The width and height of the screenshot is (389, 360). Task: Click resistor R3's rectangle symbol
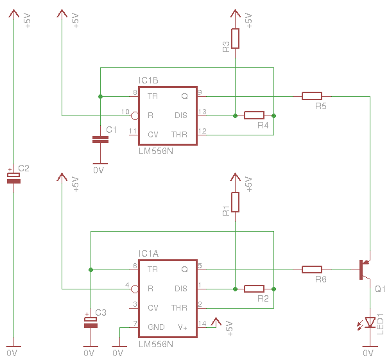tap(235, 39)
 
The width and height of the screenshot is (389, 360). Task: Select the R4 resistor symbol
tap(254, 116)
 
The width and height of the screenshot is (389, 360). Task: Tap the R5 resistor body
tap(312, 96)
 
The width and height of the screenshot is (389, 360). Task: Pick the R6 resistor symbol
tap(312, 270)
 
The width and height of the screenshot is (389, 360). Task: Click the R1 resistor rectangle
tap(235, 202)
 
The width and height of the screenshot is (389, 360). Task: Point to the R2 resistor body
tap(254, 289)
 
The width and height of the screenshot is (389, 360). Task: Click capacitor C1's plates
tap(100, 140)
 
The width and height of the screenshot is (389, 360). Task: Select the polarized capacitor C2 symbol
tap(13, 178)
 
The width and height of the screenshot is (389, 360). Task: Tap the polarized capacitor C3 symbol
tap(91, 322)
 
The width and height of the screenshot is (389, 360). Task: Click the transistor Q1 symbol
tap(365, 270)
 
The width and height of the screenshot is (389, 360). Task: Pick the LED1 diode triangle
tap(370, 322)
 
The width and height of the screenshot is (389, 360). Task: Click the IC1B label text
tap(148, 80)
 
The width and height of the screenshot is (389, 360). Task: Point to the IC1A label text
tap(148, 253)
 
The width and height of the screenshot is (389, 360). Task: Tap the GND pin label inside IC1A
tap(156, 327)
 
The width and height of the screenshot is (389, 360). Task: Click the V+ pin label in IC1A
tap(182, 327)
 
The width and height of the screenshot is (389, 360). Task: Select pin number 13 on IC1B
tap(202, 112)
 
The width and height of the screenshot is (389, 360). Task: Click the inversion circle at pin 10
tap(134, 116)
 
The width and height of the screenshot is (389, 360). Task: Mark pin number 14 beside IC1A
tap(202, 323)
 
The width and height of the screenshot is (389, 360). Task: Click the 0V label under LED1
tap(368, 353)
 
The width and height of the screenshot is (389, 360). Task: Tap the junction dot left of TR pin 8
tap(100, 96)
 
